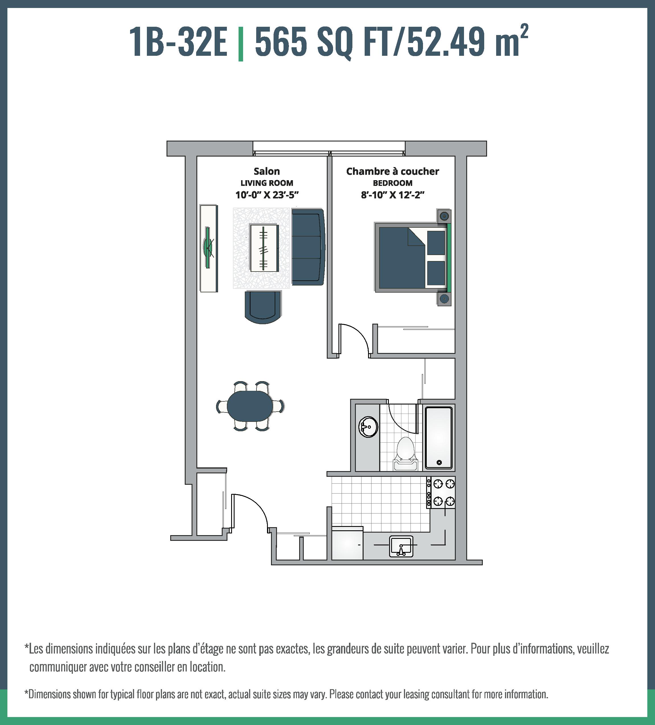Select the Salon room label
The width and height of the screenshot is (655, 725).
266,171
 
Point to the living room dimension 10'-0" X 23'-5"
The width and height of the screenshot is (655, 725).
267,195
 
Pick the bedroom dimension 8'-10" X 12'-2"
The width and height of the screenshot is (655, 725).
393,195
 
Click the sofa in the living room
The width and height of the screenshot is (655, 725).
308,247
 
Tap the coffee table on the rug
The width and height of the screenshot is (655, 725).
264,248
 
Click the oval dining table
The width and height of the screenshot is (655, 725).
250,406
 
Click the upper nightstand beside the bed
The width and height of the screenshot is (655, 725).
444,216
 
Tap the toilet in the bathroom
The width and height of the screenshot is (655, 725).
405,453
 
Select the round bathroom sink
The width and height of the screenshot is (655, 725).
369,427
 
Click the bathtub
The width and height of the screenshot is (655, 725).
438,438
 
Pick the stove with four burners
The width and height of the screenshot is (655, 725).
441,492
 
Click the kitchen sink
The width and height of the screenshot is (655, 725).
401,547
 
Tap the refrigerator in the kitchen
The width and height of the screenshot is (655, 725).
347,543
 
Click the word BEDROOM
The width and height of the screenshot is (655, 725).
393,183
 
